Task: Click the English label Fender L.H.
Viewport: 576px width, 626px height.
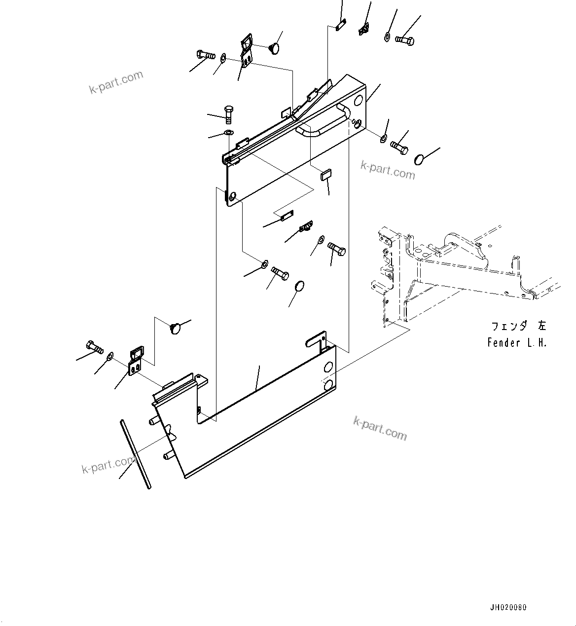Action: pyautogui.click(x=517, y=343)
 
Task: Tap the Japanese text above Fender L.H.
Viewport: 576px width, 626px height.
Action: pyautogui.click(x=518, y=326)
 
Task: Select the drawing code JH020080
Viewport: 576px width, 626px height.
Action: pyautogui.click(x=508, y=608)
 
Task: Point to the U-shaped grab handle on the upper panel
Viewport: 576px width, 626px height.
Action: pyautogui.click(x=323, y=121)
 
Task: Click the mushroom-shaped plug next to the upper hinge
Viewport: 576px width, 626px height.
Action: pyautogui.click(x=274, y=48)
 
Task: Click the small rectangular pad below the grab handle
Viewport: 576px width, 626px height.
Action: pyautogui.click(x=326, y=175)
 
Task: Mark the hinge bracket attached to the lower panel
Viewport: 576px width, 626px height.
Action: pyautogui.click(x=136, y=361)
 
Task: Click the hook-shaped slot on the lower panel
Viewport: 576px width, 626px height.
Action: pyautogui.click(x=316, y=341)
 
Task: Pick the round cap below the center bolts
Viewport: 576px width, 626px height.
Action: pyautogui.click(x=299, y=287)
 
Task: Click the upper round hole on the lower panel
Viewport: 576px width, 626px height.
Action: pyautogui.click(x=328, y=368)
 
